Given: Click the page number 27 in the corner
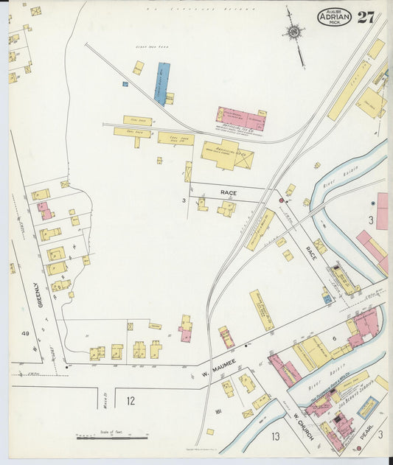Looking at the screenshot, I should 366,16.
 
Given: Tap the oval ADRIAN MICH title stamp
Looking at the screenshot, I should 334,16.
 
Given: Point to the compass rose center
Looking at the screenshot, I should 294,31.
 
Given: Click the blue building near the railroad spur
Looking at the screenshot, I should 161,83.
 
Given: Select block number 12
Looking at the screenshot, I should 130,401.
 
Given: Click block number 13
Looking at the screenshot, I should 274,437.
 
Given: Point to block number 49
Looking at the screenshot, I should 25,335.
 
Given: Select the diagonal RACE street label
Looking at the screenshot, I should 312,255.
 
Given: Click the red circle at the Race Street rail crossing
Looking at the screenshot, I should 281,200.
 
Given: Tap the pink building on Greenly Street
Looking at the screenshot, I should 45,211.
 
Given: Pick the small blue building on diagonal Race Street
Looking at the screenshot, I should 326,298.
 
